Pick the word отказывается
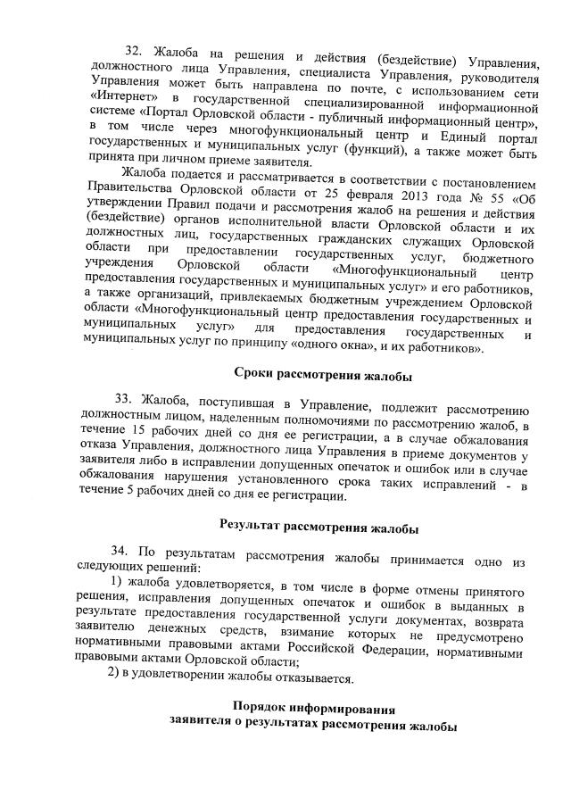coord(312,678)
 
